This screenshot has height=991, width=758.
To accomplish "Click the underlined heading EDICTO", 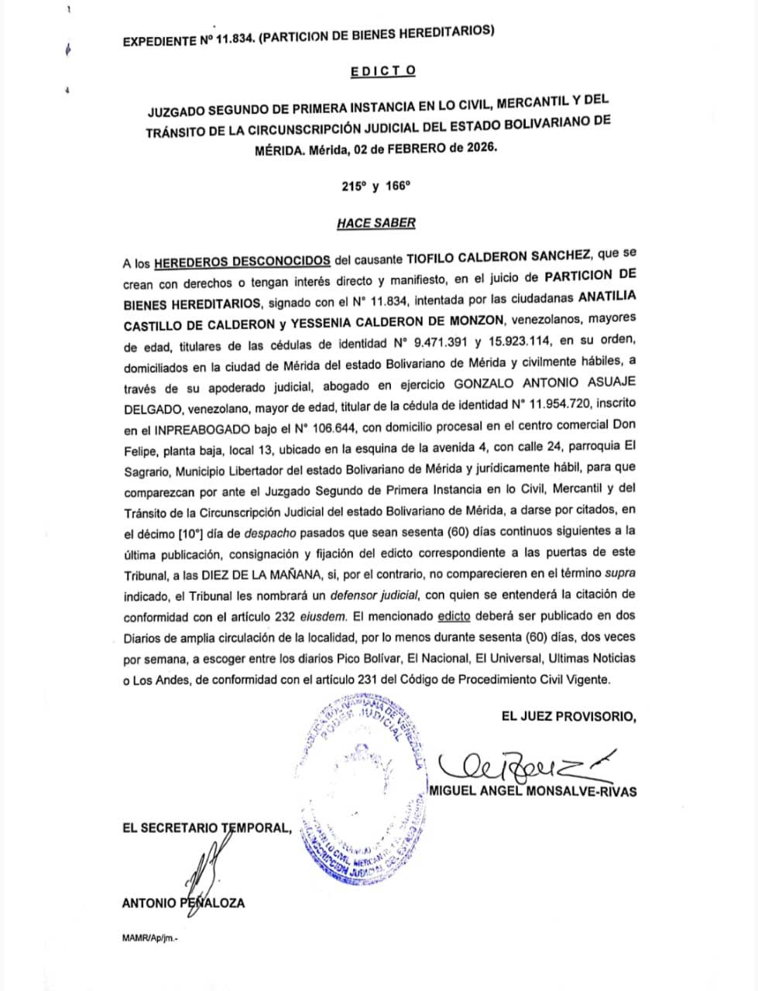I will click(382, 70).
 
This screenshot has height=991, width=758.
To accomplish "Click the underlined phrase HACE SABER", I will click(376, 223).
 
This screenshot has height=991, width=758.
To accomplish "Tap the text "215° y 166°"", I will click(376, 187).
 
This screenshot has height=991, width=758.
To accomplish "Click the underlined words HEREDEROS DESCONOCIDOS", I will click(243, 260).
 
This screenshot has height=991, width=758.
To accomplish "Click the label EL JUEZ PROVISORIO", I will click(568, 717).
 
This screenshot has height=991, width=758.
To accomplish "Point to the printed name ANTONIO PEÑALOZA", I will click(183, 903).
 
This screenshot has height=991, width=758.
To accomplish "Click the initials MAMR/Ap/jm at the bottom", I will click(149, 937).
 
